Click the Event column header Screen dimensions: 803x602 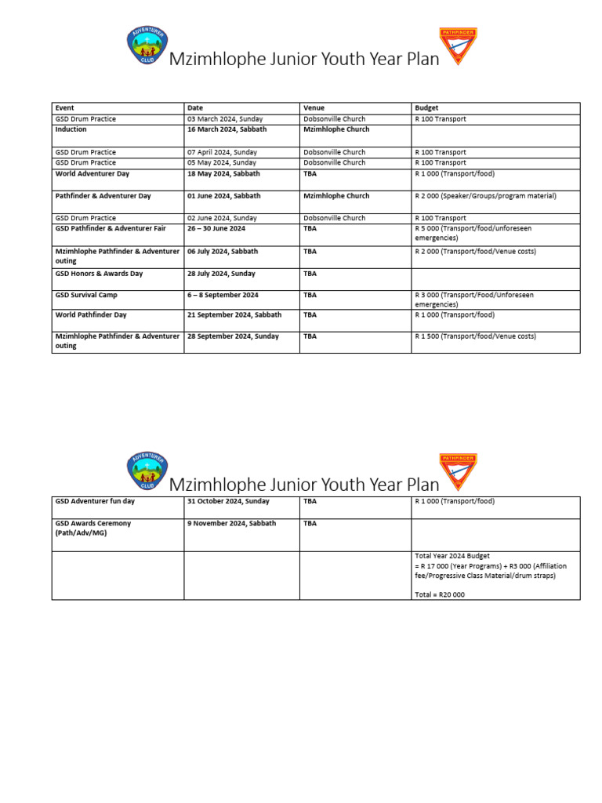pyautogui.click(x=65, y=108)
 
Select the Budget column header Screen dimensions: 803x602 pyautogui.click(x=426, y=108)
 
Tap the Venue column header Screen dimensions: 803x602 pyautogui.click(x=314, y=108)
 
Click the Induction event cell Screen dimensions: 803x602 pyautogui.click(x=71, y=129)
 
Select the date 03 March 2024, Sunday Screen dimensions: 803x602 pyautogui.click(x=222, y=119)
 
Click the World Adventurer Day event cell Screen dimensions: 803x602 pyautogui.click(x=92, y=174)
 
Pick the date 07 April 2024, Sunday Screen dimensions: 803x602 pyautogui.click(x=221, y=152)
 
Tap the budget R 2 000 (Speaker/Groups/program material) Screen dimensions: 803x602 pyautogui.click(x=484, y=196)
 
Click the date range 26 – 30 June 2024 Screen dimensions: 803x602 pyautogui.click(x=216, y=229)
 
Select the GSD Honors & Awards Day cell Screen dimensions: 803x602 pyautogui.click(x=99, y=274)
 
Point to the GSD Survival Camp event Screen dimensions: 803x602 pyautogui.click(x=86, y=296)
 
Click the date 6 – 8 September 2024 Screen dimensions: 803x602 pyautogui.click(x=224, y=296)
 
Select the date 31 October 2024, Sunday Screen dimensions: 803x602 pyautogui.click(x=227, y=501)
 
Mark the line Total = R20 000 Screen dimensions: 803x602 pyautogui.click(x=439, y=594)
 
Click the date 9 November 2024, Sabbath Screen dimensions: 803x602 pyautogui.click(x=231, y=523)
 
